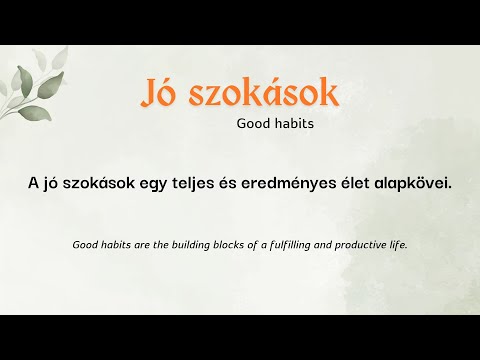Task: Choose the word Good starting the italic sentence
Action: [86, 244]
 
